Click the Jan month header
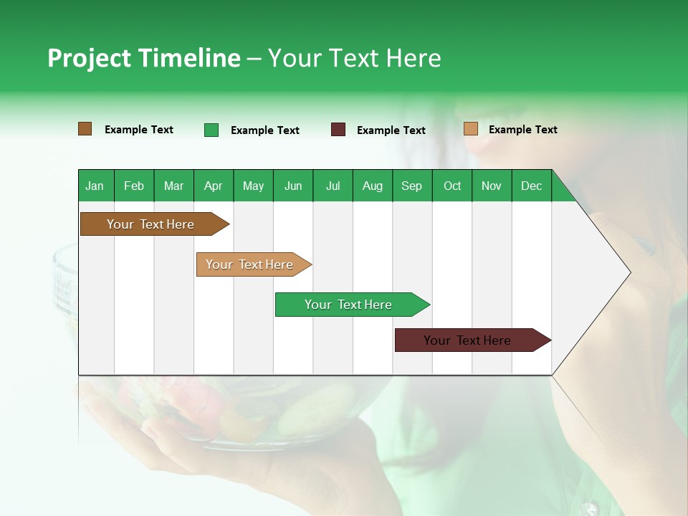[x=95, y=186]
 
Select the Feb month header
[x=134, y=186]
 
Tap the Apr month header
[x=213, y=186]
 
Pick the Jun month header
[x=292, y=186]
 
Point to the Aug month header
[x=372, y=186]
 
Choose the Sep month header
[x=411, y=186]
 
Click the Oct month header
[x=451, y=186]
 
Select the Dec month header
[x=531, y=186]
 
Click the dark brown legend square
[x=85, y=129]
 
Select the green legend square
[x=211, y=130]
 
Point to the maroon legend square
[x=338, y=130]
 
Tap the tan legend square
[x=470, y=129]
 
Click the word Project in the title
[x=90, y=58]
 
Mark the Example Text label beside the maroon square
[x=391, y=130]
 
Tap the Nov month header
[x=491, y=186]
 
